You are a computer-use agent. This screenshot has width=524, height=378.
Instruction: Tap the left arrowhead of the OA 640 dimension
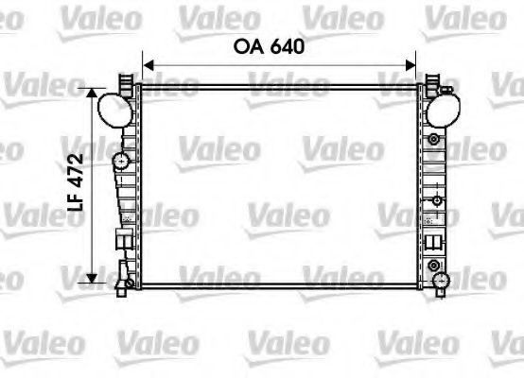click(x=148, y=65)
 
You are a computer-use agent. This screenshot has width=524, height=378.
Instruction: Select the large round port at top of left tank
click(x=114, y=110)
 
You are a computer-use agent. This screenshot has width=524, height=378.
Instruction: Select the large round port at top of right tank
click(x=441, y=111)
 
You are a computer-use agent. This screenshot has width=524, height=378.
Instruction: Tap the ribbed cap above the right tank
click(x=436, y=82)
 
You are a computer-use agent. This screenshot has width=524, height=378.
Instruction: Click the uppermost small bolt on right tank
click(x=434, y=140)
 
